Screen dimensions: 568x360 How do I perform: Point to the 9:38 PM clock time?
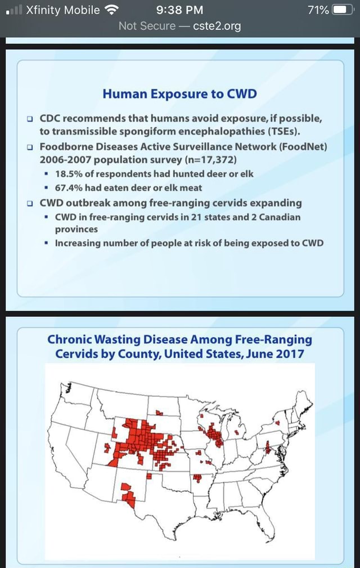tap(179, 10)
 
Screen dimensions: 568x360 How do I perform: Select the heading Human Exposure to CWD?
tap(179, 93)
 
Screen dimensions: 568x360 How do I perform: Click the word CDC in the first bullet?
tap(52, 119)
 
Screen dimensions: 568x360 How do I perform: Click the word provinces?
tap(76, 229)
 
